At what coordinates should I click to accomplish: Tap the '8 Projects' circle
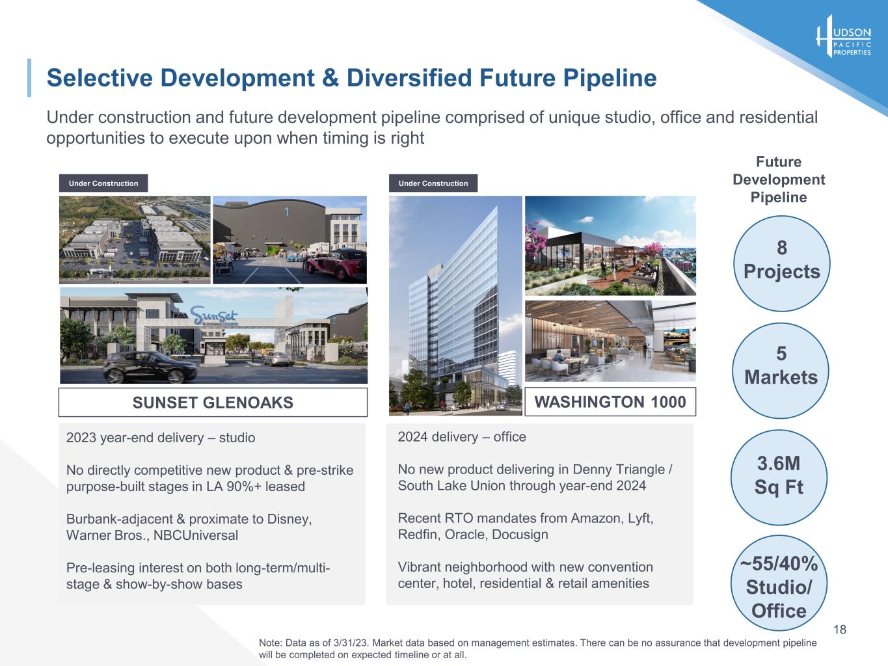pos(781,263)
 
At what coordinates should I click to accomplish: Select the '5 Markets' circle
pos(781,371)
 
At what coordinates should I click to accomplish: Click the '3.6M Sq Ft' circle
pos(779,477)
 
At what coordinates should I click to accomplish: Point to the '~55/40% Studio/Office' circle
pos(779,583)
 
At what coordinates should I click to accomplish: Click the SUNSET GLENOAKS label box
pos(213,403)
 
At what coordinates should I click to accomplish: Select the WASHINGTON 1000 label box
pos(610,401)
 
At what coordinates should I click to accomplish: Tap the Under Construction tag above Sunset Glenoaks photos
pos(103,183)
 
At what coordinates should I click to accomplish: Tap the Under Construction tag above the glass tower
pos(433,183)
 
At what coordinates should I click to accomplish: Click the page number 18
pos(840,629)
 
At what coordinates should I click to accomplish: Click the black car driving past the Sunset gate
pos(150,367)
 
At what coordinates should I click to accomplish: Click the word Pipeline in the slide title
pos(610,77)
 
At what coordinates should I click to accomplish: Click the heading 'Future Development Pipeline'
pos(779,179)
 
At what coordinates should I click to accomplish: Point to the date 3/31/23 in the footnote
pos(351,643)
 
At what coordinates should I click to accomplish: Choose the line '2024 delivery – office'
pos(462,436)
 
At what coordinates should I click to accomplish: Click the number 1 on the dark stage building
pos(286,211)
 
